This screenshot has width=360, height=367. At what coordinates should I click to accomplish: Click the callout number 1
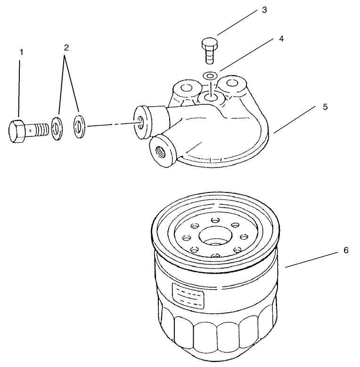pos(20,51)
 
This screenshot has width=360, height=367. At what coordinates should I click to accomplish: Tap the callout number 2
pos(66,47)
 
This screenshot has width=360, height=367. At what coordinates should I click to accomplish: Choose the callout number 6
pos(345,250)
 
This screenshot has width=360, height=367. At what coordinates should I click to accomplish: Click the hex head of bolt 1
pos(19,129)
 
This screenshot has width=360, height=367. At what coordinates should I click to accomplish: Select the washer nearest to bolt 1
pos(57,127)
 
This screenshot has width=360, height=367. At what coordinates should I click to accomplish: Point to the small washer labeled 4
pos(210,75)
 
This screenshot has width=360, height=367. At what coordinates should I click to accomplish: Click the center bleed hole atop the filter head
pos(209,98)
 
